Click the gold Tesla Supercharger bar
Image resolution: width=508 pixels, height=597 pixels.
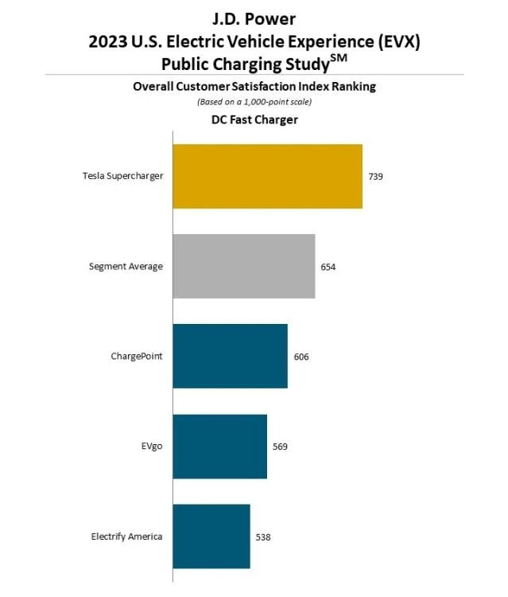[267, 177]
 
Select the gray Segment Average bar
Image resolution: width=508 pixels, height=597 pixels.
[243, 267]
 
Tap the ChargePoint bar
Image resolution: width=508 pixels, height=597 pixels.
[230, 357]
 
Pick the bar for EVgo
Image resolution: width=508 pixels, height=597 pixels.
[219, 447]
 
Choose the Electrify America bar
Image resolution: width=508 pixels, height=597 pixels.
[211, 537]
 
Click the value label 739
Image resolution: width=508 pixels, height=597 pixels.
[375, 177]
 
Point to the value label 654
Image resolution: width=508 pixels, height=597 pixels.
[328, 267]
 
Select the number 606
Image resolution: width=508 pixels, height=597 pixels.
[301, 357]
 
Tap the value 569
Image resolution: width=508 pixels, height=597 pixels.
[280, 447]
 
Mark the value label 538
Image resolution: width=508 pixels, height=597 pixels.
[263, 537]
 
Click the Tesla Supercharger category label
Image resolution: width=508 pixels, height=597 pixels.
[122, 176]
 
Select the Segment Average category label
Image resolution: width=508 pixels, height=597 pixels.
[126, 266]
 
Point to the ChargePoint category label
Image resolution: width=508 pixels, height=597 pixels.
[137, 356]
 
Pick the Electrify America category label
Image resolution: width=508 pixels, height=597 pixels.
[126, 536]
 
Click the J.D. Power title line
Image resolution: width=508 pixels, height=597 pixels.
[254, 18]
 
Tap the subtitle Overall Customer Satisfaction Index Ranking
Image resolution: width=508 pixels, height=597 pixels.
[254, 88]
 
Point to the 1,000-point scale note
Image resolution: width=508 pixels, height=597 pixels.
[254, 102]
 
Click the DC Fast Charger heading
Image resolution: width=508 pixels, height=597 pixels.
[254, 120]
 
